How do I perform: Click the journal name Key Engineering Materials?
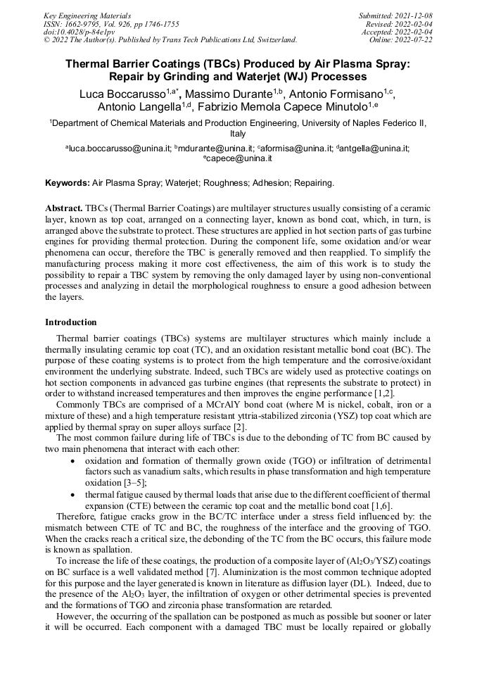87,15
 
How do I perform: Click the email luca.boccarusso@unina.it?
119,149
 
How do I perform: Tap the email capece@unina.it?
239,158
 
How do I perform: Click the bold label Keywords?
68,183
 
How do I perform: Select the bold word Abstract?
63,210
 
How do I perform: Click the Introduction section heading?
70,322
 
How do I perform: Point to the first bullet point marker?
75,460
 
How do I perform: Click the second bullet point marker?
75,495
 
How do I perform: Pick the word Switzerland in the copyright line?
271,40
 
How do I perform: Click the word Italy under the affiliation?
238,133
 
